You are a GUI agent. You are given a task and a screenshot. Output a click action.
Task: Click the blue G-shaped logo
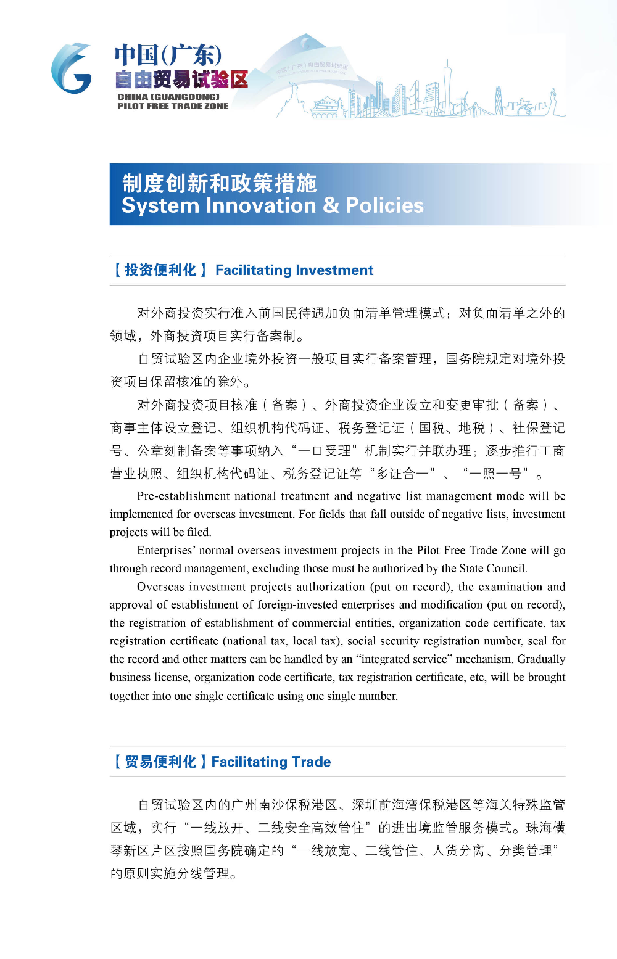pyautogui.click(x=72, y=68)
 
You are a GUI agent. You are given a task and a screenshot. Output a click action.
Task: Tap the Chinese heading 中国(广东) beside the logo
pyautogui.click(x=168, y=55)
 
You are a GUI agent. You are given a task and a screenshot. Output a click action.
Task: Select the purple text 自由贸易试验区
pyautogui.click(x=181, y=80)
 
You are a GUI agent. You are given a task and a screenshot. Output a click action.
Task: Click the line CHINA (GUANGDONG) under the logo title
pyautogui.click(x=168, y=97)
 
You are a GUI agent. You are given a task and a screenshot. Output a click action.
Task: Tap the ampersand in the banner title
pyautogui.click(x=331, y=205)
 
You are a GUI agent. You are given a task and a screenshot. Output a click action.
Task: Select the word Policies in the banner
pyautogui.click(x=384, y=205)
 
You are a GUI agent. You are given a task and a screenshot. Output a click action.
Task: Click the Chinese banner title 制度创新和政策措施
pyautogui.click(x=219, y=183)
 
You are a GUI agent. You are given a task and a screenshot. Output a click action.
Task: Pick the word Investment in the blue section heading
pyautogui.click(x=334, y=270)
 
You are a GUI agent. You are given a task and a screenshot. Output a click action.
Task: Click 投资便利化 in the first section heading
pyautogui.click(x=160, y=270)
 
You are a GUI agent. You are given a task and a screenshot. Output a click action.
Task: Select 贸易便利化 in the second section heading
pyautogui.click(x=160, y=762)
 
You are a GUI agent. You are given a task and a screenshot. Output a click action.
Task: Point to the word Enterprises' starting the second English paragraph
pyautogui.click(x=167, y=550)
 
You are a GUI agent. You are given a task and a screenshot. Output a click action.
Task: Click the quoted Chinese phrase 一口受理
pyautogui.click(x=325, y=451)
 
